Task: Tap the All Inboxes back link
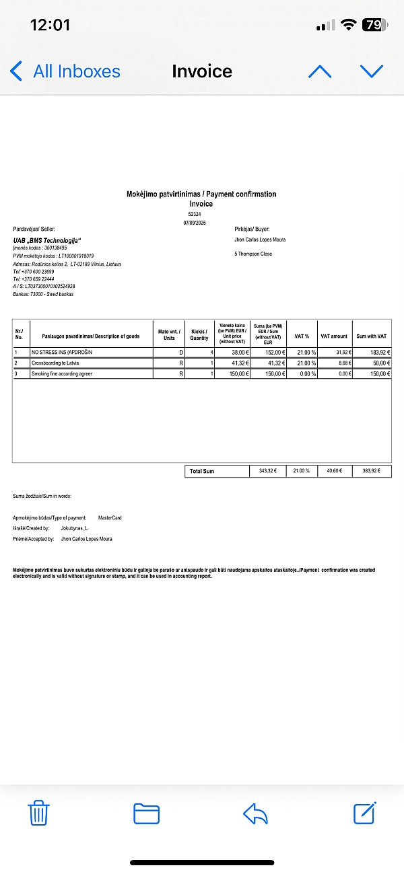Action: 66,71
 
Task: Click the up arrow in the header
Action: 320,71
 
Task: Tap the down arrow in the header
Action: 371,71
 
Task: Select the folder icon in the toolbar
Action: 146,813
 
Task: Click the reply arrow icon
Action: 256,813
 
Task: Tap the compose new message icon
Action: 365,813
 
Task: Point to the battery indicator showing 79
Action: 372,26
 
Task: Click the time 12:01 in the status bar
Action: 50,26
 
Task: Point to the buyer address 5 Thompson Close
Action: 253,254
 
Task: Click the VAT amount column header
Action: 334,336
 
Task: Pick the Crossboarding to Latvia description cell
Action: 55,363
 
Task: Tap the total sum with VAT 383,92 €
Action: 372,471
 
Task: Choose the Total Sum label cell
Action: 201,471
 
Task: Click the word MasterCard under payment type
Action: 110,517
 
